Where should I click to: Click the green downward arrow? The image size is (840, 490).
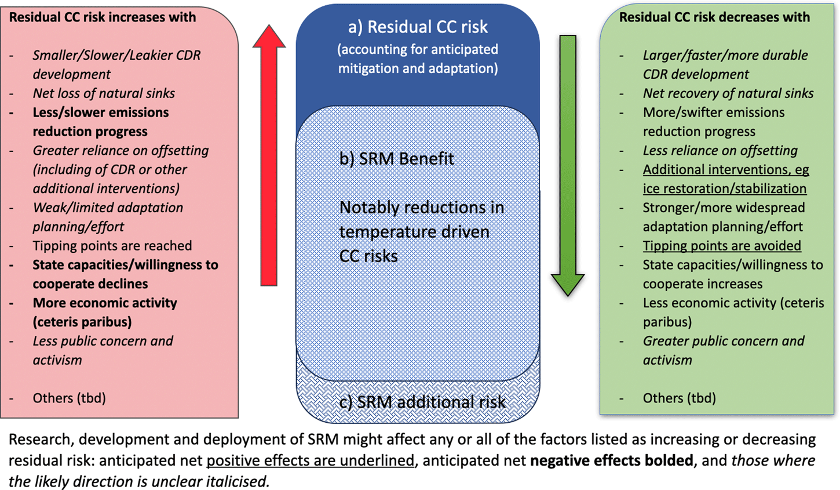(568, 166)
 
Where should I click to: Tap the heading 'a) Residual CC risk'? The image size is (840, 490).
(418, 27)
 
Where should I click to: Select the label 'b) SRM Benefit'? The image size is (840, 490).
(396, 158)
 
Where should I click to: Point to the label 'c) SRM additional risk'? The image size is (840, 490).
(422, 402)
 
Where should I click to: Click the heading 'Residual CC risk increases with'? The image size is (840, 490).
(103, 17)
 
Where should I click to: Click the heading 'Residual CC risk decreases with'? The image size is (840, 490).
(714, 17)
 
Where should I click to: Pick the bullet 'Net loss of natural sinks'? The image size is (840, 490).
(104, 93)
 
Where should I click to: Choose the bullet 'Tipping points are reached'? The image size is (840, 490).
(112, 245)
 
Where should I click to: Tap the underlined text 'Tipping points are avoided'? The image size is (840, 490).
(722, 245)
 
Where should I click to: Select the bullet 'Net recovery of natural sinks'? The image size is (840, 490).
(728, 93)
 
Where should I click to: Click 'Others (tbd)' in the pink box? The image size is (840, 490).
(70, 398)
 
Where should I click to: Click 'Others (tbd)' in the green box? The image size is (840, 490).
(680, 398)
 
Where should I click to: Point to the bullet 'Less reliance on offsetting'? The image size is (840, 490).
(720, 150)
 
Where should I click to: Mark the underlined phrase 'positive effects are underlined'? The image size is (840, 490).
(311, 460)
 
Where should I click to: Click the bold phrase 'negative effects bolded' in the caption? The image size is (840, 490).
(612, 460)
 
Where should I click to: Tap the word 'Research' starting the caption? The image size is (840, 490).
(39, 440)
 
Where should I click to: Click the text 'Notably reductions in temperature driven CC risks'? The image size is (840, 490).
(422, 232)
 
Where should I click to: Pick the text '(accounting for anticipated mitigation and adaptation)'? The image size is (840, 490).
(418, 59)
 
